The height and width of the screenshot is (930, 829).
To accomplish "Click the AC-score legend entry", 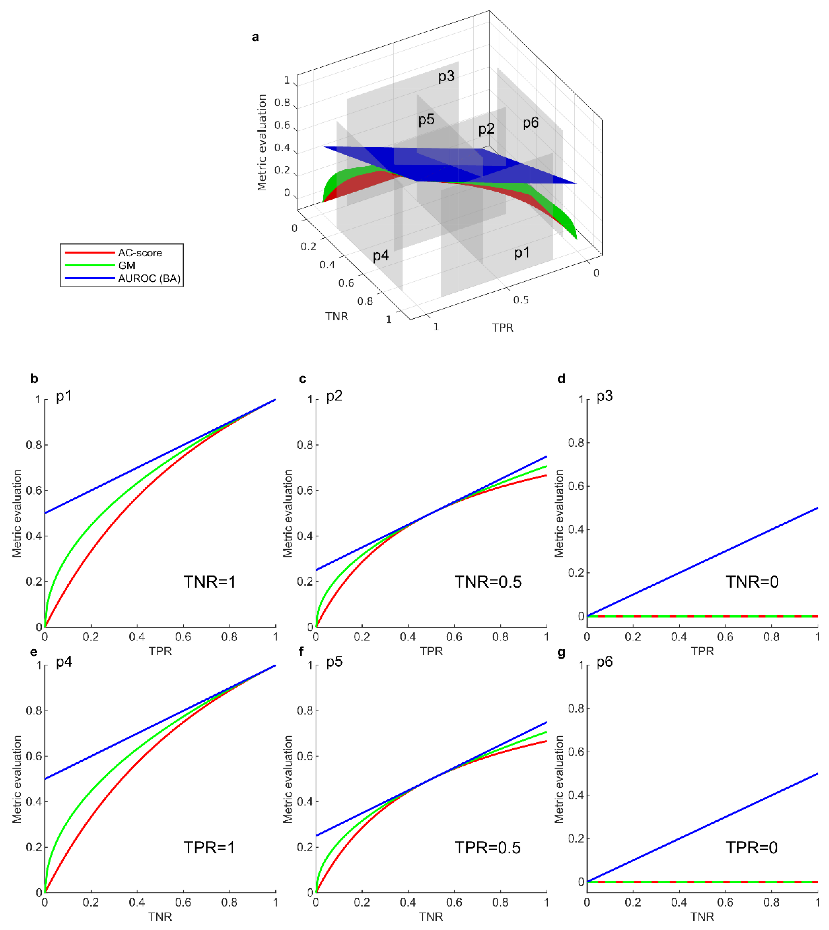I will tap(139, 253).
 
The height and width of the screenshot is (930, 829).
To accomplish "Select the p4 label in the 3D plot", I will tap(380, 256).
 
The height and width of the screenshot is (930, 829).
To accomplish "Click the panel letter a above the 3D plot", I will tap(256, 37).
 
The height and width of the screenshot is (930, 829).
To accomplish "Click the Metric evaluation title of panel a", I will tap(262, 142).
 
